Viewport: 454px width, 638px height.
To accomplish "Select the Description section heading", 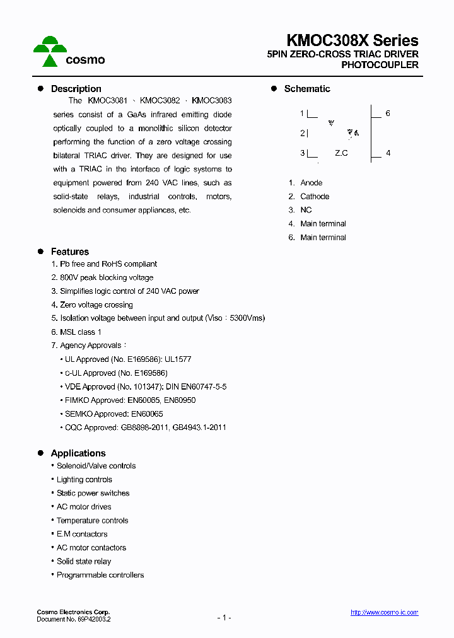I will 76,89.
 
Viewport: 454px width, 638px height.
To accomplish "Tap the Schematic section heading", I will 306,89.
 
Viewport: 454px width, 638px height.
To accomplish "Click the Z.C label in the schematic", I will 341,153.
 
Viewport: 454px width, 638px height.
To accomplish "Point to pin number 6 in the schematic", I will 388,113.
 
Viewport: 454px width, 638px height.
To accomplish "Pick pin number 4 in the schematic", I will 388,153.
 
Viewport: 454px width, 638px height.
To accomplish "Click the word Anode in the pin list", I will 311,183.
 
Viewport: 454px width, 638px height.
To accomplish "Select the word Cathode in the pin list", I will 315,197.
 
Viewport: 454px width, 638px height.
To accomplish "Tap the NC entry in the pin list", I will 306,210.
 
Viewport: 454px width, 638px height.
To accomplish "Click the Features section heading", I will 69,252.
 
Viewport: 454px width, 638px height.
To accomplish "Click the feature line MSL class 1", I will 80,332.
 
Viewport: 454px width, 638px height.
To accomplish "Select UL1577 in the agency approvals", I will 178,359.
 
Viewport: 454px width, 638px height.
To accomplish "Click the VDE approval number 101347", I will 148,386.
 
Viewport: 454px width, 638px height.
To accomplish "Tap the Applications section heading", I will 78,453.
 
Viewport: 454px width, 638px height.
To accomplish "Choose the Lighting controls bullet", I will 84,480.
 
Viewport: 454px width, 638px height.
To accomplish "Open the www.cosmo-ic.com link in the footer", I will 384,613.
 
